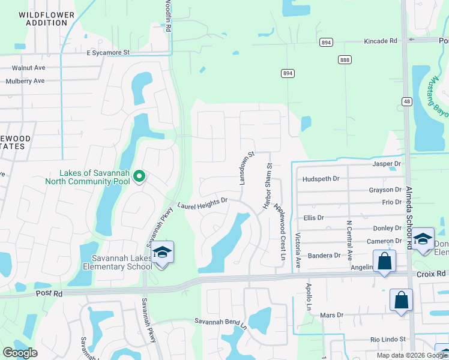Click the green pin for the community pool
coord(139,176)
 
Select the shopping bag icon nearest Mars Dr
coord(401,300)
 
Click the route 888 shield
coord(345,59)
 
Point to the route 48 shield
coord(406,101)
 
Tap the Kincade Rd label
coord(381,41)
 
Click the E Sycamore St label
coord(108,53)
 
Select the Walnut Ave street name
coord(29,68)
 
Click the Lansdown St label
coord(247,167)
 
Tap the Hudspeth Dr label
coord(321,179)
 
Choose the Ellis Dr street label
coord(314,218)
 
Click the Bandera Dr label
coord(324,256)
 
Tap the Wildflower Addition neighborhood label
coord(47,18)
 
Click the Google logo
coord(20,353)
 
